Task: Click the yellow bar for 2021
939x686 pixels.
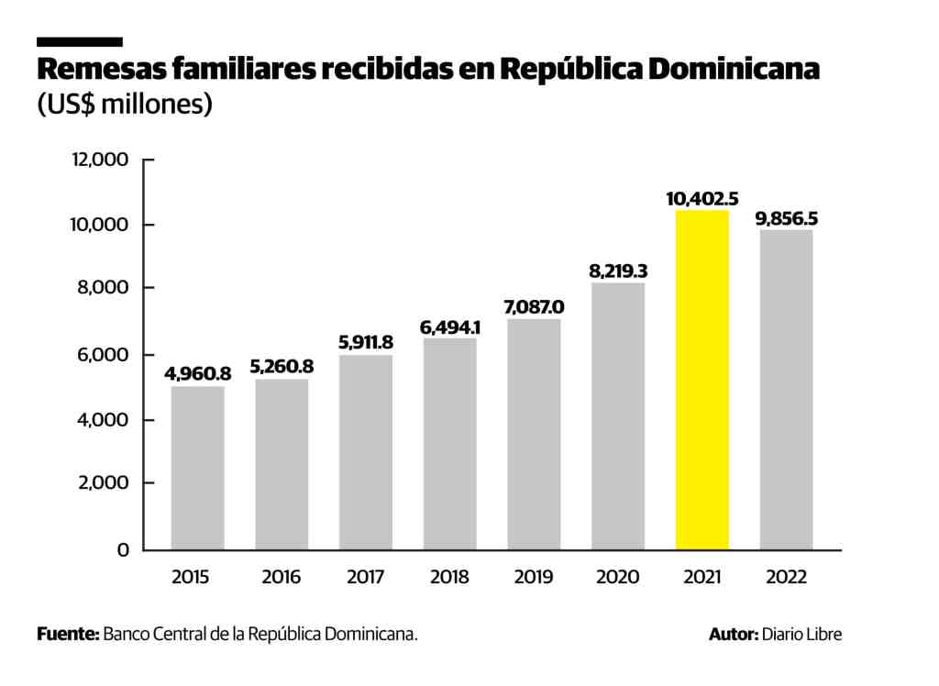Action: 701,380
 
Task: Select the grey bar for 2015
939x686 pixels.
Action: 197,468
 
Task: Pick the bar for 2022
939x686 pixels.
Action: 786,389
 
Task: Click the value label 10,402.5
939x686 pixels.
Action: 702,198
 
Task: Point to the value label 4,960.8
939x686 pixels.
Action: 197,373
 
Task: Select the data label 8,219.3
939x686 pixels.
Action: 618,271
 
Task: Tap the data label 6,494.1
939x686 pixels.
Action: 449,326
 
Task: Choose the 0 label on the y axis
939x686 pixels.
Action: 122,550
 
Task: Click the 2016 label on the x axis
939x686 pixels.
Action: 282,578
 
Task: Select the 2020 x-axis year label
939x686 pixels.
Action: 618,578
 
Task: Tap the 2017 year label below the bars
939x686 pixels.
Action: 366,578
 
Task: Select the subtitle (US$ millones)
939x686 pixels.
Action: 125,104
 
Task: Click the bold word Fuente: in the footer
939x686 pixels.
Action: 68,634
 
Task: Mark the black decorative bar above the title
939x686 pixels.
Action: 79,42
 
